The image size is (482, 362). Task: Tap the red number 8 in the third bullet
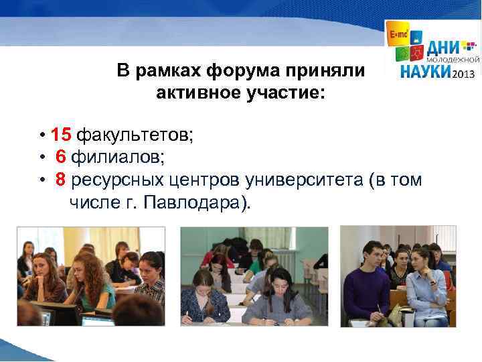60,180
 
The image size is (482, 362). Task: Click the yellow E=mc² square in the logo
396,32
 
